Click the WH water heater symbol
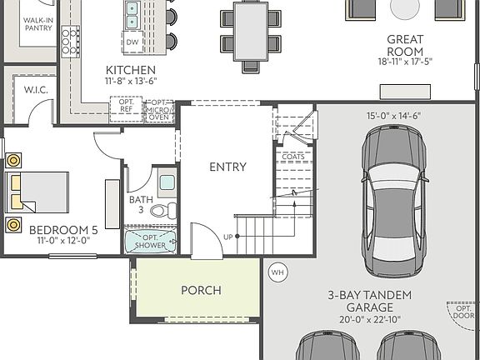[x=277, y=272]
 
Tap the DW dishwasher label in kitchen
[x=132, y=41]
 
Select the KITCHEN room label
[x=130, y=70]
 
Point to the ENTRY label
[x=227, y=167]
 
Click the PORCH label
[x=201, y=290]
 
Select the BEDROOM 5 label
[x=63, y=229]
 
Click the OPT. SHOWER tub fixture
[x=151, y=242]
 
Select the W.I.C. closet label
[x=35, y=89]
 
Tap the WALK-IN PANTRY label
[x=38, y=23]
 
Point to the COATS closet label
[x=292, y=156]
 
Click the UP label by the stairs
[x=228, y=237]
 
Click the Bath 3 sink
[x=166, y=182]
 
